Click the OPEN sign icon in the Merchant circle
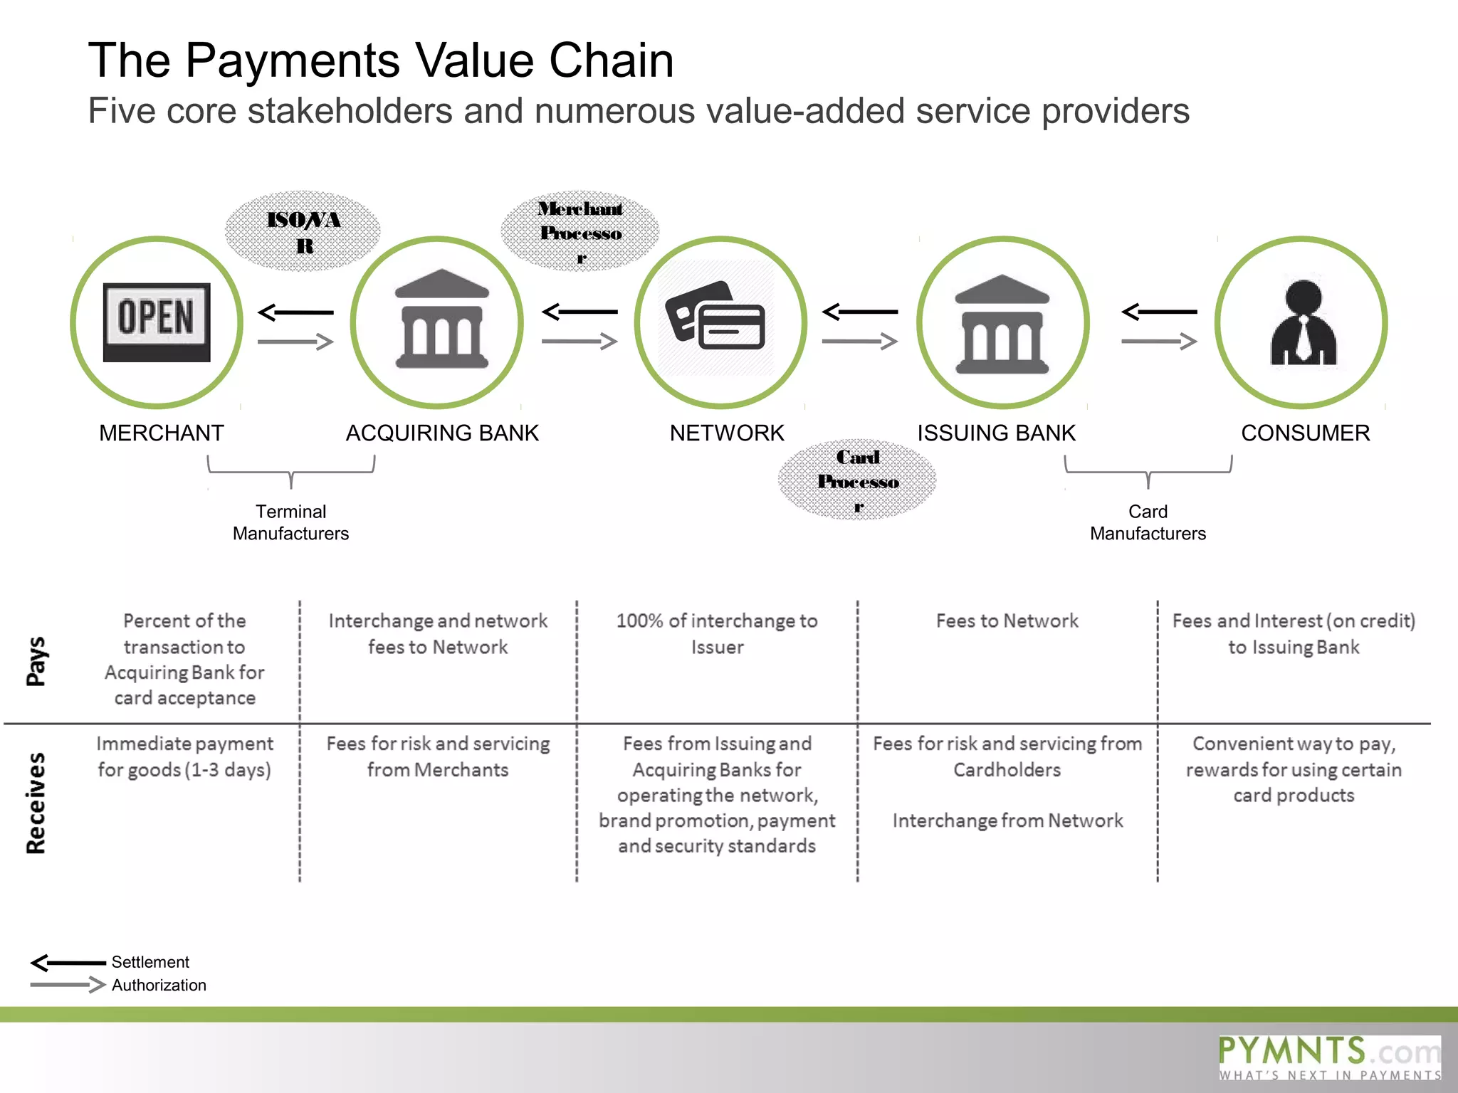click(157, 322)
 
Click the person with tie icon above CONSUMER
click(1303, 323)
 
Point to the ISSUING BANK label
click(996, 433)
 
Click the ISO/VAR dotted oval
click(303, 231)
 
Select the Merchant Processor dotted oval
click(580, 231)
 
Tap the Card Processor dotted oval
click(857, 480)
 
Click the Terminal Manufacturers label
click(290, 522)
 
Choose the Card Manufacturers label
click(1148, 522)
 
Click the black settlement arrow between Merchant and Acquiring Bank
click(295, 312)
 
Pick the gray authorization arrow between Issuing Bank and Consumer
click(1159, 342)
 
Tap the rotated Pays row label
click(36, 661)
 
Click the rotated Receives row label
click(36, 803)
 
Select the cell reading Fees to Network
click(1007, 621)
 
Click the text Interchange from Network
click(1007, 820)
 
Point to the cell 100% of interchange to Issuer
click(717, 633)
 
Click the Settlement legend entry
click(150, 962)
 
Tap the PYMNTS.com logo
click(1329, 1057)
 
